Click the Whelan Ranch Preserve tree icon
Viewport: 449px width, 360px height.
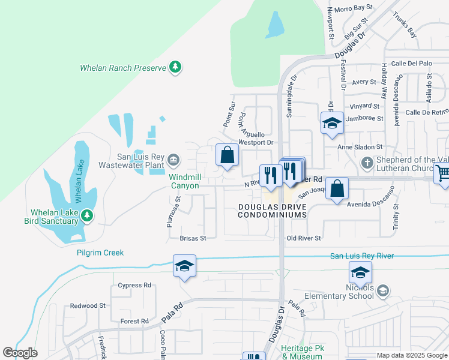coord(175,67)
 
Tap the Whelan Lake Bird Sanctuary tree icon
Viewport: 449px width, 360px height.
coord(87,214)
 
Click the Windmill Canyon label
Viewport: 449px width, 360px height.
coord(184,182)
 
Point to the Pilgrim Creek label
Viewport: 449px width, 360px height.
coord(100,253)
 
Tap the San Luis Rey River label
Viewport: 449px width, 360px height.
coord(362,256)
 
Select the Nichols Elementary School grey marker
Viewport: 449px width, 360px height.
coord(382,290)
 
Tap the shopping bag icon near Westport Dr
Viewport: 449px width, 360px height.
coord(227,155)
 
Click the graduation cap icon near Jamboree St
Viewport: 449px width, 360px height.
coord(332,123)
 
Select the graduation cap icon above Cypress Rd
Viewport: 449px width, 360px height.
coord(184,266)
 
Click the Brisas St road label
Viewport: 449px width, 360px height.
coord(193,238)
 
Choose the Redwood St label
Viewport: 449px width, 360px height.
coord(88,306)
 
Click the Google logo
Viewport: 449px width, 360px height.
coord(20,353)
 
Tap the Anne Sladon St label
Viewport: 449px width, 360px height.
coord(360,146)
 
